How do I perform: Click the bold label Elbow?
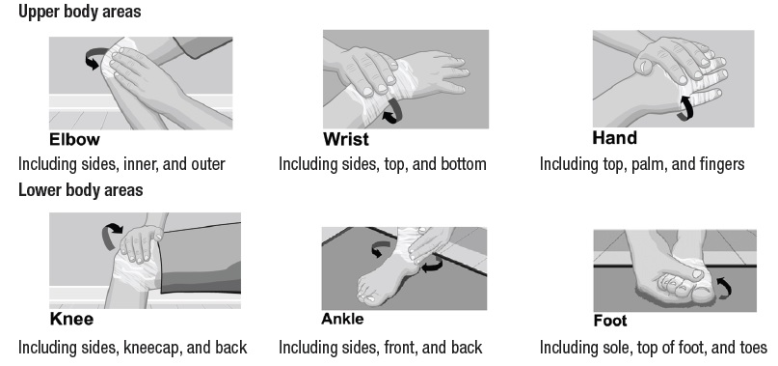tap(74, 139)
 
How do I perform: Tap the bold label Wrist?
tap(346, 139)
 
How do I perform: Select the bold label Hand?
tap(614, 138)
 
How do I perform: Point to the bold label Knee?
tap(71, 319)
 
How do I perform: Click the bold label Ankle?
tap(342, 319)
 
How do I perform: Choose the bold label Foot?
tap(610, 321)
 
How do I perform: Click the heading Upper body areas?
tap(79, 12)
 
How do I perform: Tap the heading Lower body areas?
tap(80, 190)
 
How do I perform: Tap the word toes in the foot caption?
tap(753, 348)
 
